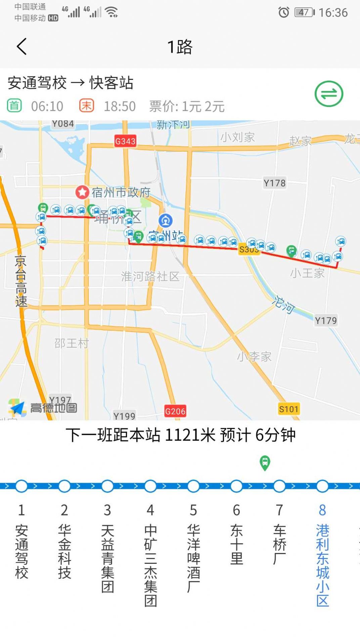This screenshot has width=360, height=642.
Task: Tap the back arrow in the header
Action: point(22,46)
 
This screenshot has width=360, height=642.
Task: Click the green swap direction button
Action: point(329,94)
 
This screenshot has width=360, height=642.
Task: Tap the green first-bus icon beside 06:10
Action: point(14,106)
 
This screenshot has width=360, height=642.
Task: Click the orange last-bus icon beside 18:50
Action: point(86,106)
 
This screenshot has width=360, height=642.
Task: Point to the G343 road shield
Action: point(125,141)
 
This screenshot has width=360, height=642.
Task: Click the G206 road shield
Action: point(175,411)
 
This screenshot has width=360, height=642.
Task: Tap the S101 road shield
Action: point(288,409)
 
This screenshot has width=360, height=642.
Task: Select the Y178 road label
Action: point(274,183)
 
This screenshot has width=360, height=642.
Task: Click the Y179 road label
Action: point(325,321)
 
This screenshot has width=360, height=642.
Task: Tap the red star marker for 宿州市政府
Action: point(82,192)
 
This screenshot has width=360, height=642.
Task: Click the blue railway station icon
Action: point(166,221)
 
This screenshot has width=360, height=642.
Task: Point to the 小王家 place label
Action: point(307,273)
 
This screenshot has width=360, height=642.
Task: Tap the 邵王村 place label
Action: point(72,343)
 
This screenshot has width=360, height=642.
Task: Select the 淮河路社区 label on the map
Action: point(150,276)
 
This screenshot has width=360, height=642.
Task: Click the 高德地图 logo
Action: point(43,408)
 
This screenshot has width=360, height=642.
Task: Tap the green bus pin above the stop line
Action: point(265,463)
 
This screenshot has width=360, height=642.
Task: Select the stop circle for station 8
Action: point(322,486)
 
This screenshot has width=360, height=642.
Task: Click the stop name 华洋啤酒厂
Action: point(193,558)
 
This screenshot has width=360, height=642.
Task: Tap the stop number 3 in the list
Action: point(107,510)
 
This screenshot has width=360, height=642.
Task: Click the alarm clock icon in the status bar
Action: point(284,13)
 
